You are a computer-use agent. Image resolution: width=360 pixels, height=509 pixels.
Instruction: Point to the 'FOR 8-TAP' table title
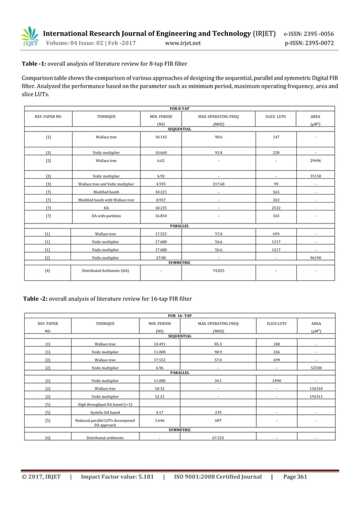coord(180,108)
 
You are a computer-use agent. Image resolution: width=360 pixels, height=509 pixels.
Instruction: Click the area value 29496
coord(315,160)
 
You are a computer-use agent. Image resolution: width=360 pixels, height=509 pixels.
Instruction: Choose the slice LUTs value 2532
coord(275,208)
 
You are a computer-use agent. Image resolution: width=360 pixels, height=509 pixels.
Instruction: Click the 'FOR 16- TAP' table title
coord(180,316)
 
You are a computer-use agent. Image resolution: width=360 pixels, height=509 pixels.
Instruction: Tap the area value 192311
coord(315,397)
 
